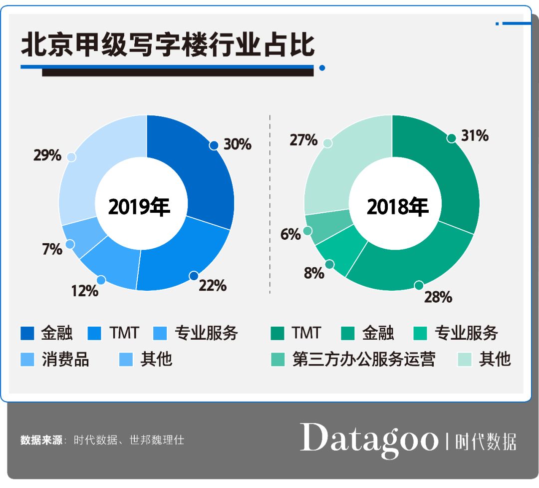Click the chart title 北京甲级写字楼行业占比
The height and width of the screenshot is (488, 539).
pos(168,44)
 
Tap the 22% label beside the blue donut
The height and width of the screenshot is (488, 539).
pos(213,286)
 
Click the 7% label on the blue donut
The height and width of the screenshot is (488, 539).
pos(52,248)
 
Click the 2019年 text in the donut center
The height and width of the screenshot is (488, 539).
pos(139,206)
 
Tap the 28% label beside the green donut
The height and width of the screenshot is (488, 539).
pos(438,297)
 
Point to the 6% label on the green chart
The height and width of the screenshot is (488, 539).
pos(290,234)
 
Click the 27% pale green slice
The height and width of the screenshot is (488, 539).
pos(339,165)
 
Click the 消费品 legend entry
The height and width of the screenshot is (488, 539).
pos(65,359)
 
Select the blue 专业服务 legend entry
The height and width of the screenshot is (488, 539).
pos(206,333)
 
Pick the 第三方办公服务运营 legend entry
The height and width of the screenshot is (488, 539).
pos(363,359)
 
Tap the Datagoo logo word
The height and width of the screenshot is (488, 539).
pos(368,439)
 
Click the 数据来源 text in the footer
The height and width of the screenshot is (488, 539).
pos(41,441)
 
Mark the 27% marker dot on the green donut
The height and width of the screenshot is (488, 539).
pos(327,143)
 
